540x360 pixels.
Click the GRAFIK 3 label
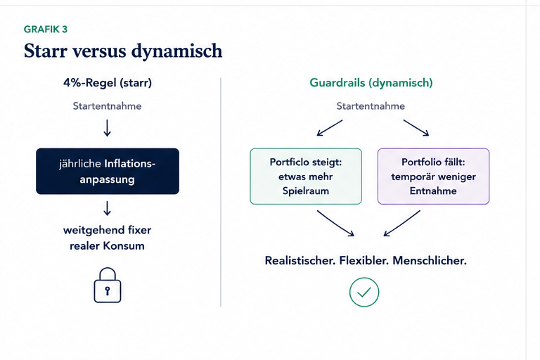pos(46,30)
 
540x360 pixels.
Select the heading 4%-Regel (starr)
pos(108,83)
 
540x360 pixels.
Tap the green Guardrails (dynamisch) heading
pos(371,83)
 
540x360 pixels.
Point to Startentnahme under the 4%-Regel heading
pos(107,105)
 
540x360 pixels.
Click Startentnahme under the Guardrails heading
pos(371,105)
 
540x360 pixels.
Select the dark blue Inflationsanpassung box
pos(108,172)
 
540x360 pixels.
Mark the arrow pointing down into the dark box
pos(107,128)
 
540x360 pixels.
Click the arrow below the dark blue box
pos(107,208)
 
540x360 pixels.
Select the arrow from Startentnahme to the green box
pos(330,128)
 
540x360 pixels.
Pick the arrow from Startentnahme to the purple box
pos(416,128)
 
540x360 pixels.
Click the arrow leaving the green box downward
pos(335,223)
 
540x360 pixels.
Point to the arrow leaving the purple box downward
pos(402,223)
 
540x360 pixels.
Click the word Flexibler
pos(364,260)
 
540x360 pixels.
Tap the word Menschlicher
pos(430,260)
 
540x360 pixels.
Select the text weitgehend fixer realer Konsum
pos(107,238)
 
